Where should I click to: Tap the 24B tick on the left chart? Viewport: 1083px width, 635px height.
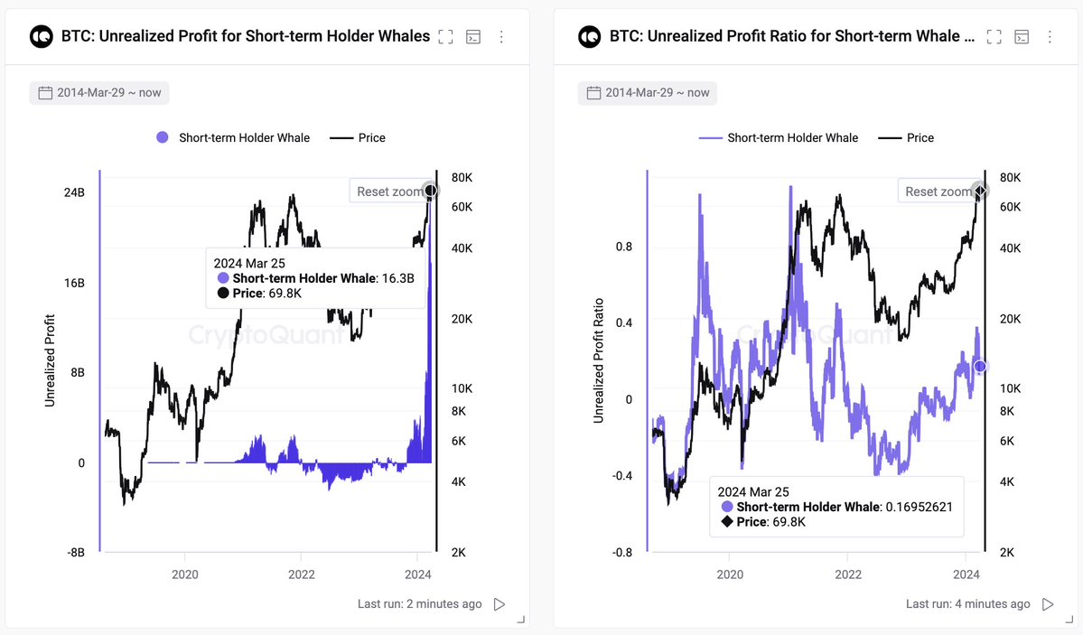click(x=75, y=192)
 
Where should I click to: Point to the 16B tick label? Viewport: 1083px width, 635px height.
click(x=75, y=283)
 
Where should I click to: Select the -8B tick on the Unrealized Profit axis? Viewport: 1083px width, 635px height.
click(x=75, y=552)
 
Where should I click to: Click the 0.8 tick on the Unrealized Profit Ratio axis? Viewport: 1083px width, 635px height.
click(x=623, y=247)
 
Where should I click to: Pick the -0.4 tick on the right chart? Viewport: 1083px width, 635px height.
click(x=621, y=475)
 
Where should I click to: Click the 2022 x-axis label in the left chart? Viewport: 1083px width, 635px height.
click(x=301, y=574)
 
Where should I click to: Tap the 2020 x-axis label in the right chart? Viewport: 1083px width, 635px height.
click(x=730, y=574)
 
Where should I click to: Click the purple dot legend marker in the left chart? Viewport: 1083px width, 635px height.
click(x=163, y=137)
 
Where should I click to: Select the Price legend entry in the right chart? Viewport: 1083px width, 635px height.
click(x=905, y=137)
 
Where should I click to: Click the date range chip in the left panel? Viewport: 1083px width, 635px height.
click(x=99, y=93)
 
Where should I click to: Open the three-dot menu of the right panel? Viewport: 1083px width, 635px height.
click(x=1050, y=37)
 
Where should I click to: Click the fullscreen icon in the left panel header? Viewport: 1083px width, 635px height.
click(x=445, y=37)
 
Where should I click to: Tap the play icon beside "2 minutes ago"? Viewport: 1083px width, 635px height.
click(x=499, y=604)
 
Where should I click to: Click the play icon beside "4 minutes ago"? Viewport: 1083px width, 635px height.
click(x=1048, y=604)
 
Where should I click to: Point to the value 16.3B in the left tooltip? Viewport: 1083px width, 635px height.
click(x=397, y=278)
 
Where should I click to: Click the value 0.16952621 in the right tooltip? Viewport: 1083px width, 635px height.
click(x=920, y=507)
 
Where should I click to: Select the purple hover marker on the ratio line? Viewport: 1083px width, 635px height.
click(x=979, y=366)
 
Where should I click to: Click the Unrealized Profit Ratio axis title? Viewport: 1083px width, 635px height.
click(x=599, y=360)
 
